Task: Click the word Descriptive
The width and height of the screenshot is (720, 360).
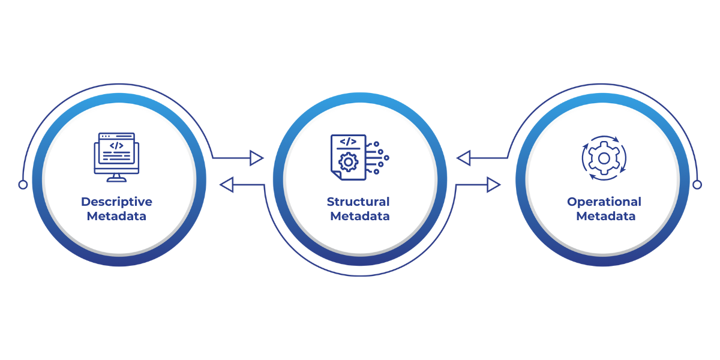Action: pyautogui.click(x=116, y=202)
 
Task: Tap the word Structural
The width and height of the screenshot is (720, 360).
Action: pyautogui.click(x=358, y=202)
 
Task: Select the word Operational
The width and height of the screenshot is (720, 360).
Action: pyautogui.click(x=604, y=202)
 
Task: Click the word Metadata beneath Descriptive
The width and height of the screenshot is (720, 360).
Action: pyautogui.click(x=116, y=216)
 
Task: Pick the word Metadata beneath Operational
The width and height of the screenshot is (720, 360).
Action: pyautogui.click(x=605, y=216)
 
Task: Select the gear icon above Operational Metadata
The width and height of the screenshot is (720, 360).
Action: pyautogui.click(x=604, y=158)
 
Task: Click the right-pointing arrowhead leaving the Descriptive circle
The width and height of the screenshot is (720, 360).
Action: pyautogui.click(x=256, y=158)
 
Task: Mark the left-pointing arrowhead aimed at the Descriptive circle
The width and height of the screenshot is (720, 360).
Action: pyautogui.click(x=227, y=185)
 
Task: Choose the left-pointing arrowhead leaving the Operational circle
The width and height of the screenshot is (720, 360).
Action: pyautogui.click(x=463, y=158)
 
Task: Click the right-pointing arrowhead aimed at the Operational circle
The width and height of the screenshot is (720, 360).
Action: pyautogui.click(x=493, y=185)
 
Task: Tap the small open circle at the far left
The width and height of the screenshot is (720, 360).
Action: pyautogui.click(x=23, y=185)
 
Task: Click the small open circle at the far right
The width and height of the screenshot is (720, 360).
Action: pyautogui.click(x=697, y=185)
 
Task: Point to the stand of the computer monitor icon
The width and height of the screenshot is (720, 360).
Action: pyautogui.click(x=116, y=178)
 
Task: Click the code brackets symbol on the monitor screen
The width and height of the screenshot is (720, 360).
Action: pyautogui.click(x=116, y=146)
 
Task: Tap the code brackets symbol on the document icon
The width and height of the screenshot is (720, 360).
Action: pyautogui.click(x=348, y=142)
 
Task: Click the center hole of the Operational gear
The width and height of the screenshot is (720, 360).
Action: pyautogui.click(x=604, y=158)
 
